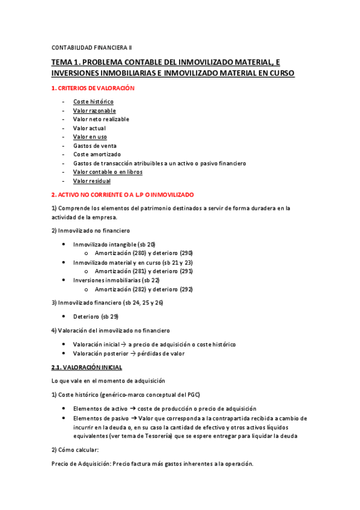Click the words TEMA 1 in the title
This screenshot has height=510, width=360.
coord(66,62)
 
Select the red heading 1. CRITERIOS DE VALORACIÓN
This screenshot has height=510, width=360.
coord(93,88)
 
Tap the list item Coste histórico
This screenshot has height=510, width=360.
coord(93,102)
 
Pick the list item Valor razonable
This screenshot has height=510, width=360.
coord(94,111)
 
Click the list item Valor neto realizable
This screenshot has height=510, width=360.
coord(101,119)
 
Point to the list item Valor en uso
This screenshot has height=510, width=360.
coord(90,137)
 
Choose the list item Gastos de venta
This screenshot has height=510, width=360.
coord(94,146)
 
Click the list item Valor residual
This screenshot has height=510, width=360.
coord(92,180)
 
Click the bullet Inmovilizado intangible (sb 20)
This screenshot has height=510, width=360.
coord(114,244)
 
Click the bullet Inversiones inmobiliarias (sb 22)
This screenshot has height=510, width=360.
coord(116,280)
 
